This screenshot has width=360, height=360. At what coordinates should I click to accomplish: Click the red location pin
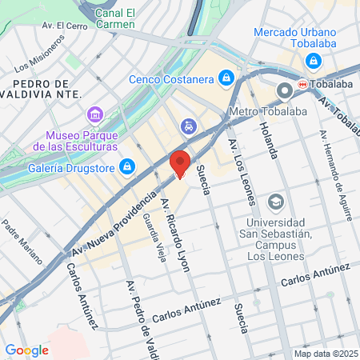coord(180,163)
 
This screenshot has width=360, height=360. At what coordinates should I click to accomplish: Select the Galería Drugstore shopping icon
coord(126,166)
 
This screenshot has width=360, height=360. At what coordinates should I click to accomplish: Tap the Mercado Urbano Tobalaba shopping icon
coord(313,62)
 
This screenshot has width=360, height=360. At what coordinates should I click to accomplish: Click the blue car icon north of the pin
coord(188,126)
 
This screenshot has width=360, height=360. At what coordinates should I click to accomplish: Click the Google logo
coord(26,350)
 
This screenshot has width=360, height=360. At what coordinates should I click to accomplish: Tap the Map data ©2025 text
coord(325,354)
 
